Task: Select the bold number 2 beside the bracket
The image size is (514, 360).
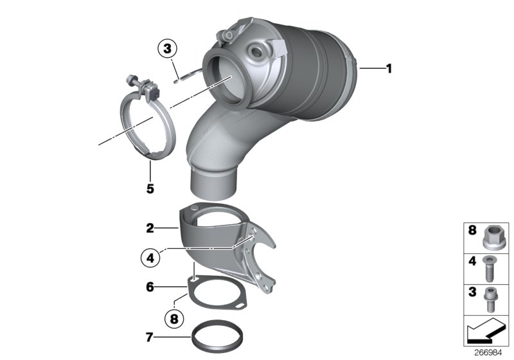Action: [x=150, y=228]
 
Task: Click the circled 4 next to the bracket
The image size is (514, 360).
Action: [x=150, y=258]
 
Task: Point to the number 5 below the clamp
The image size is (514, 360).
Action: [x=150, y=189]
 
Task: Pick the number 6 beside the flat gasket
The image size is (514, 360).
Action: [x=150, y=287]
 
